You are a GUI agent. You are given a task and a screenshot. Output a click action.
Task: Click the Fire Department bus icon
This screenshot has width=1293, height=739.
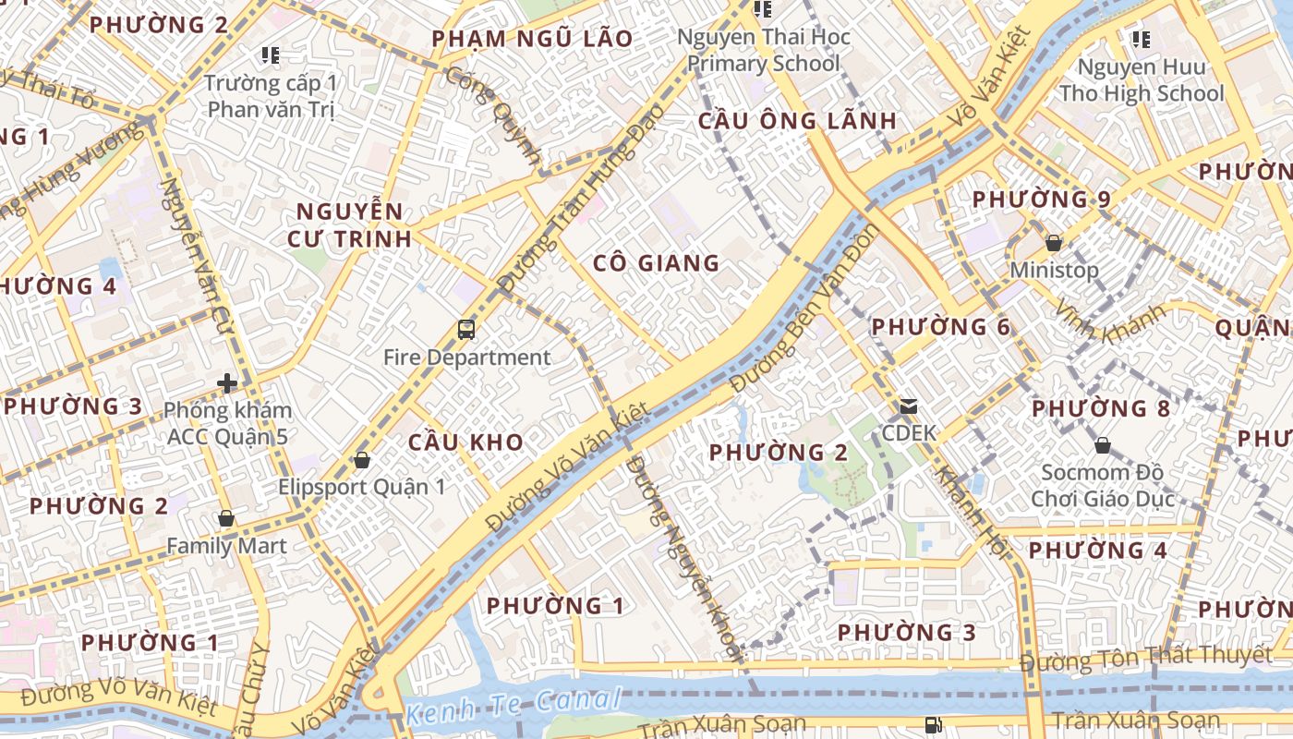click(x=466, y=330)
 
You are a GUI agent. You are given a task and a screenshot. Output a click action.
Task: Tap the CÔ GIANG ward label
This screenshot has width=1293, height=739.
click(x=656, y=263)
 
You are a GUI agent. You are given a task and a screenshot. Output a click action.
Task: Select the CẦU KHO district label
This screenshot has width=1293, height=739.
click(x=465, y=442)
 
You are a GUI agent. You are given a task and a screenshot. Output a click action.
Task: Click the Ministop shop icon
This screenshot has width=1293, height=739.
click(x=1053, y=244)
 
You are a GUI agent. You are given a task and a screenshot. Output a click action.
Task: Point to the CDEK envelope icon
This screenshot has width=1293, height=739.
click(x=909, y=406)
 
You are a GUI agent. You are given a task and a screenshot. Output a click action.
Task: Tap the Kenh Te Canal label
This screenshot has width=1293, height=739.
click(x=512, y=707)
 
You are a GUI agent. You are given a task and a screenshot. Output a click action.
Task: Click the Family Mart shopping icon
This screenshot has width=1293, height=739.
click(x=225, y=520)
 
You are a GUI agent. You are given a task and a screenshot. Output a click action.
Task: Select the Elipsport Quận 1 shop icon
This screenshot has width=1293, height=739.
click(x=362, y=460)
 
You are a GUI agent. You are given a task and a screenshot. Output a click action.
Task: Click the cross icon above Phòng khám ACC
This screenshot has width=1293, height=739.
click(x=227, y=382)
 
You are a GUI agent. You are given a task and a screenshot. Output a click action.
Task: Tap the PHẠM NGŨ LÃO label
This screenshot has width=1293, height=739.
click(x=533, y=39)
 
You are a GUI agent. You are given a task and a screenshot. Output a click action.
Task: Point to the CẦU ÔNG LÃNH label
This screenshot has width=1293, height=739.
click(x=797, y=121)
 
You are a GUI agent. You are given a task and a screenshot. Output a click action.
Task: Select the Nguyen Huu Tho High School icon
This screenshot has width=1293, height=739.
click(x=1142, y=40)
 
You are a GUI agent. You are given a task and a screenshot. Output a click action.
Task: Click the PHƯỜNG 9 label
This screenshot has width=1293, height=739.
click(x=1041, y=200)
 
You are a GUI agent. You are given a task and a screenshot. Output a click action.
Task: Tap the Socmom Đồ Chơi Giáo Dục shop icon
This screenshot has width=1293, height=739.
click(x=1102, y=446)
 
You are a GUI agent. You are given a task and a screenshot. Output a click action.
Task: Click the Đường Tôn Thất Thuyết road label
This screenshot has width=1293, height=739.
click(x=1146, y=658)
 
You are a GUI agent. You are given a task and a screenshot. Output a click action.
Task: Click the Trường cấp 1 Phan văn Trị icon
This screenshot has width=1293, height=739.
click(x=270, y=55)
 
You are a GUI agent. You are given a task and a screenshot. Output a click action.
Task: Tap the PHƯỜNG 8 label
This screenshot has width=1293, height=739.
click(x=1101, y=408)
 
